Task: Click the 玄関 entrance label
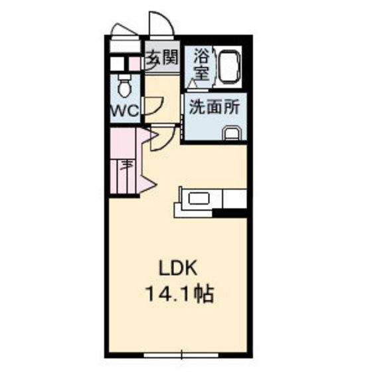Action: pyautogui.click(x=161, y=57)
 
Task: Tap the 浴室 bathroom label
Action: pyautogui.click(x=201, y=65)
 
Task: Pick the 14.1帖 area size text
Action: pyautogui.click(x=177, y=294)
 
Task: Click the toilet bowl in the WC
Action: pyautogui.click(x=124, y=86)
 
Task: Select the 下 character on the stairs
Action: pyautogui.click(x=126, y=166)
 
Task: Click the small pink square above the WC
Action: pyautogui.click(x=134, y=65)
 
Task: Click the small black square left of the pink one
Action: pyautogui.click(x=119, y=65)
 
